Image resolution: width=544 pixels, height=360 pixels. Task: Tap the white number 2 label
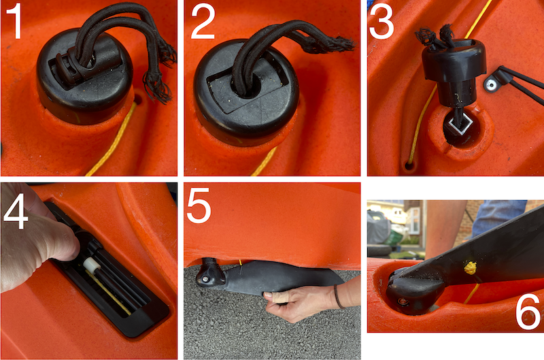pyautogui.click(x=203, y=22)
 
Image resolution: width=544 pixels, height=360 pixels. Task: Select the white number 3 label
pyautogui.click(x=381, y=22)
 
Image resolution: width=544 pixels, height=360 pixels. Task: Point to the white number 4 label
pyautogui.click(x=16, y=212)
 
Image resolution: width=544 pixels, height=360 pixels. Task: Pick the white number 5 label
pyautogui.click(x=199, y=206)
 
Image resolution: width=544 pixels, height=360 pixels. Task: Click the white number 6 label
pyautogui.click(x=528, y=312)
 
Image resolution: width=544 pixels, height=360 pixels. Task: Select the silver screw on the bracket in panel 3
pyautogui.click(x=491, y=84)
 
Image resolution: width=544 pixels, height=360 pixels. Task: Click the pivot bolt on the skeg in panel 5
pyautogui.click(x=206, y=279)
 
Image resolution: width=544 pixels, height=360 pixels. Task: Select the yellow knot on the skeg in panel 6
pyautogui.click(x=470, y=267)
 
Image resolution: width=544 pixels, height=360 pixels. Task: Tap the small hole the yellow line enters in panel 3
pyautogui.click(x=409, y=165)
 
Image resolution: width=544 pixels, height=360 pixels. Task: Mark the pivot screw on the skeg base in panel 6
pyautogui.click(x=403, y=301)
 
